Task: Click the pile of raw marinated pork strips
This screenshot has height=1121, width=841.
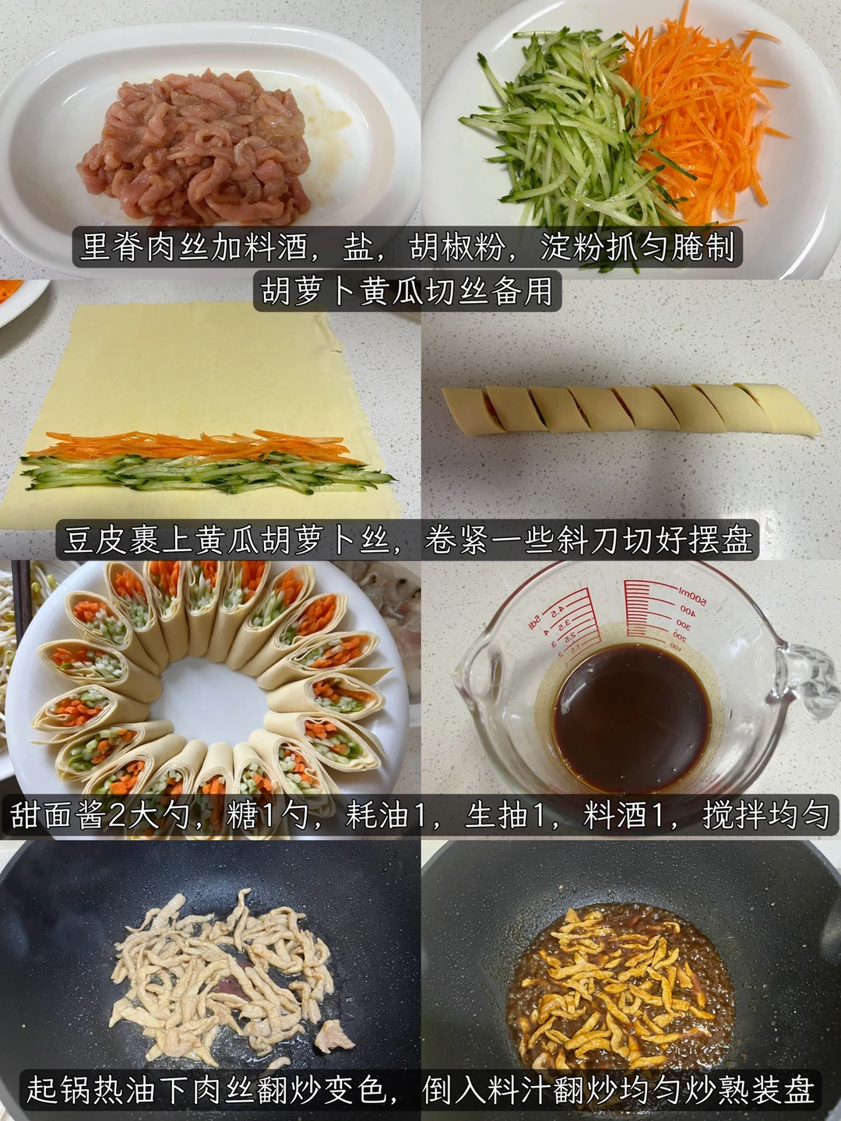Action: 194,146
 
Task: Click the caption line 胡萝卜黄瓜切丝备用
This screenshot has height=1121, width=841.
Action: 407,291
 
